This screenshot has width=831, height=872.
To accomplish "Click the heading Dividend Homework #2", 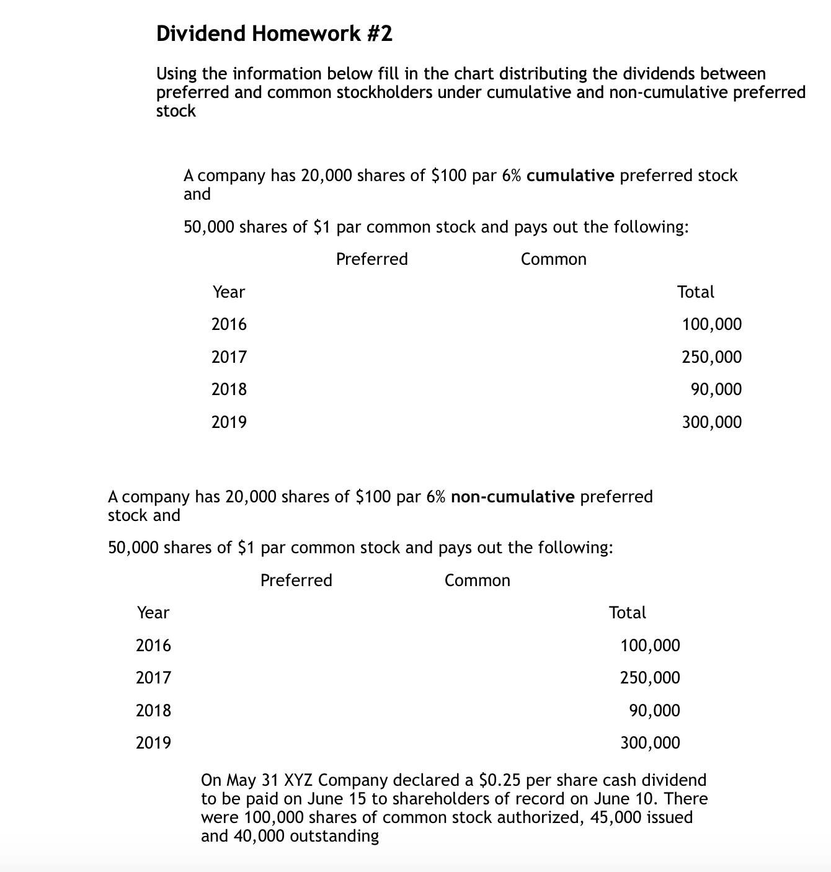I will point(274,33).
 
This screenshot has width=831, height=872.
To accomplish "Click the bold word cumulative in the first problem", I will point(570,176).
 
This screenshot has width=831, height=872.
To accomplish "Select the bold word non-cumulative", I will point(513,497).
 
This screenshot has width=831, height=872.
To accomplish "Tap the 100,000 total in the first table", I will point(711,324).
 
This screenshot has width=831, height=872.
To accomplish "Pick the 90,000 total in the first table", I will point(716,389).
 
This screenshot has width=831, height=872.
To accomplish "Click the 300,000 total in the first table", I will point(711,422).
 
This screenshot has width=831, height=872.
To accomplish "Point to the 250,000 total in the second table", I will point(650,678).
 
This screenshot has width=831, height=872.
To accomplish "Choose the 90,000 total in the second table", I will point(654,710).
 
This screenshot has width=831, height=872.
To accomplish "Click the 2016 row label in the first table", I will point(229,324).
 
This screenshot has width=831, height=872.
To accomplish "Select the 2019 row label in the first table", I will point(229,422).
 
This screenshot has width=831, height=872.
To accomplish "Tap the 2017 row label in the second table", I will point(153,678).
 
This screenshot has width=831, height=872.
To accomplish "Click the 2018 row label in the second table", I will point(153,710).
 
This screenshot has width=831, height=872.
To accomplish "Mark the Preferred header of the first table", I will point(371,259).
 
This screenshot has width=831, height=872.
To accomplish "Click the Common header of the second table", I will point(477,581).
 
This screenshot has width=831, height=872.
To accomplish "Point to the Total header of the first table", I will point(695,292).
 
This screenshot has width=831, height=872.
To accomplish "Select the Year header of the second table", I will point(153,613).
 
